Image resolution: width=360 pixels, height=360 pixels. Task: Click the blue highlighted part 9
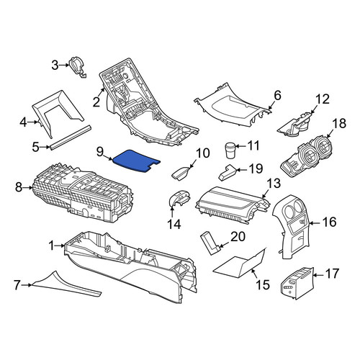click(x=136, y=161)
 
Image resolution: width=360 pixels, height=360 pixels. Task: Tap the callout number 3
click(x=55, y=65)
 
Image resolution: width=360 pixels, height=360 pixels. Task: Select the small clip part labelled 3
click(x=77, y=67)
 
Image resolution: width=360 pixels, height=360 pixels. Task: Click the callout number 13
click(x=274, y=184)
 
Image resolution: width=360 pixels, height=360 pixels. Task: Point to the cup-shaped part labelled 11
click(x=230, y=150)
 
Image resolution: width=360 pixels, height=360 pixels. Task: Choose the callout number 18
click(x=339, y=123)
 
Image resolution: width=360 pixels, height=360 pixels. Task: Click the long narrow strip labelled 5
click(x=71, y=137)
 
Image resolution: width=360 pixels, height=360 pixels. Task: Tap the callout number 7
click(x=17, y=285)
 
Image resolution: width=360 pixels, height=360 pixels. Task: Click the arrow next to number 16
click(x=315, y=223)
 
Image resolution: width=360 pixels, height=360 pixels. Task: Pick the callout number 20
click(x=238, y=237)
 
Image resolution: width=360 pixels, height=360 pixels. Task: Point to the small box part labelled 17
click(x=297, y=283)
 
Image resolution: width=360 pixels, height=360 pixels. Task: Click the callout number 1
click(x=52, y=246)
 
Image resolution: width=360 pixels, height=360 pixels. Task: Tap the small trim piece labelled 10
click(x=181, y=172)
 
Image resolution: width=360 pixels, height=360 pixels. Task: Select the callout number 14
click(x=174, y=224)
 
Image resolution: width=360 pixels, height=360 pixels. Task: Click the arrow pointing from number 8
click(x=28, y=188)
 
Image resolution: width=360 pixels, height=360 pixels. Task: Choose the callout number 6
click(x=277, y=96)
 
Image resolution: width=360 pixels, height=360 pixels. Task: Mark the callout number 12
click(x=323, y=99)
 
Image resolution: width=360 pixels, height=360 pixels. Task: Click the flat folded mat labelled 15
click(x=240, y=264)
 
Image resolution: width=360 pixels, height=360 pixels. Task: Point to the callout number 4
click(x=23, y=122)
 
